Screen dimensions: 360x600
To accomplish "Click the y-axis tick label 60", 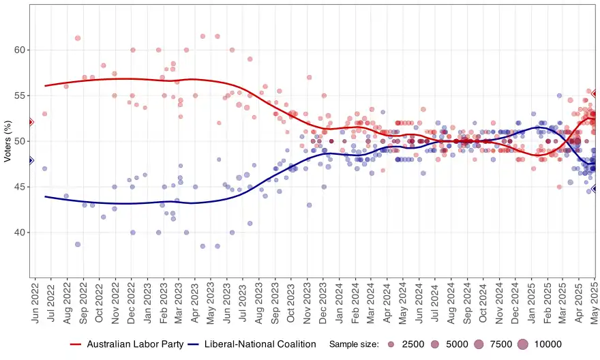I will click(20, 50).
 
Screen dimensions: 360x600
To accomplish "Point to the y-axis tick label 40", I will click(20, 232).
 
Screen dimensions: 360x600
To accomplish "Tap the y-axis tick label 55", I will click(20, 95).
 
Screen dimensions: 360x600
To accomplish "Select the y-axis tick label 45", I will click(20, 187).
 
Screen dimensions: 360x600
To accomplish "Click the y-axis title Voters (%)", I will click(7, 141).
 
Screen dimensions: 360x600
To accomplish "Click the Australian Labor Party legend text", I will click(135, 344).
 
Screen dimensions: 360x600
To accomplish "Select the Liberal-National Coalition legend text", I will click(260, 344).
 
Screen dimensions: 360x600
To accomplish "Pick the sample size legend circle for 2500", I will click(390, 344).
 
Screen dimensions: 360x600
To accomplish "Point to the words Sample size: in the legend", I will click(354, 344).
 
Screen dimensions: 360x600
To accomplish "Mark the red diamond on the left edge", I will click(30, 122).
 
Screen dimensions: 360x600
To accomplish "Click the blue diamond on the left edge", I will click(30, 160).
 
